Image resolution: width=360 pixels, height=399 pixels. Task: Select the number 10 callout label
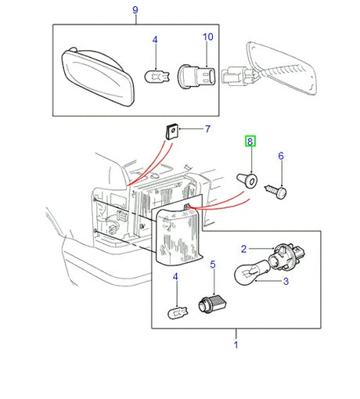pyautogui.click(x=207, y=37)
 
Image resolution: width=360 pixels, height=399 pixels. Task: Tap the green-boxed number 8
pyautogui.click(x=250, y=142)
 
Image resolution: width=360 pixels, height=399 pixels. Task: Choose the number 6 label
pyautogui.click(x=281, y=156)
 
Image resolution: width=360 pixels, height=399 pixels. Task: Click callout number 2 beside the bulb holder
pyautogui.click(x=243, y=249)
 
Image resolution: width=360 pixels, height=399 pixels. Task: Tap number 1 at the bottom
pyautogui.click(x=236, y=343)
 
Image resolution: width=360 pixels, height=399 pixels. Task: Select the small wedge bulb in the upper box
pyautogui.click(x=155, y=76)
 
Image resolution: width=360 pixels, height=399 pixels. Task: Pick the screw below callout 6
pyautogui.click(x=278, y=189)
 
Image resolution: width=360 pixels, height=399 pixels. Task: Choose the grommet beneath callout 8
pyautogui.click(x=247, y=181)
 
